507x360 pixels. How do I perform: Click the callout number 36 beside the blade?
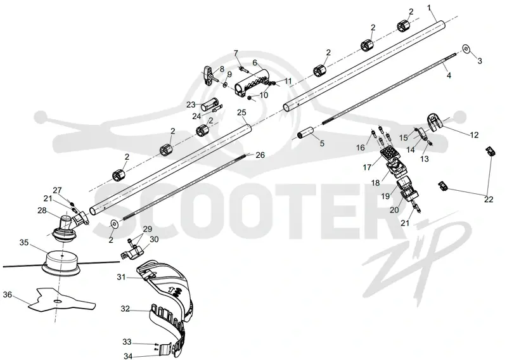[8, 295]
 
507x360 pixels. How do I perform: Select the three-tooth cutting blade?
[62, 301]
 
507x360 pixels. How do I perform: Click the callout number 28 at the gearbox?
[42, 210]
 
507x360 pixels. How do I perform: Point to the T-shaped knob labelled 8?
[210, 75]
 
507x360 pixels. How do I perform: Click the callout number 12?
[474, 134]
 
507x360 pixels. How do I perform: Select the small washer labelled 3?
[465, 49]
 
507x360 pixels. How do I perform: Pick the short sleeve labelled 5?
[307, 133]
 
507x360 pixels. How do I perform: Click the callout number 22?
[488, 199]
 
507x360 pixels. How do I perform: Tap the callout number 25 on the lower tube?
[241, 112]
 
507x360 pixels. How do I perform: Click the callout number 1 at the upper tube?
[430, 8]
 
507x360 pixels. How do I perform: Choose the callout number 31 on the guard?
[121, 277]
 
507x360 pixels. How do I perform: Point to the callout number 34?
[128, 356]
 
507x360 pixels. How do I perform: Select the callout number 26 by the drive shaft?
[260, 155]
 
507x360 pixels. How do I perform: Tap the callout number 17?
[367, 167]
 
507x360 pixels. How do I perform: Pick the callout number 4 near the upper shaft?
[449, 75]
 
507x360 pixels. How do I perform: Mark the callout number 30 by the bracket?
[154, 240]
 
